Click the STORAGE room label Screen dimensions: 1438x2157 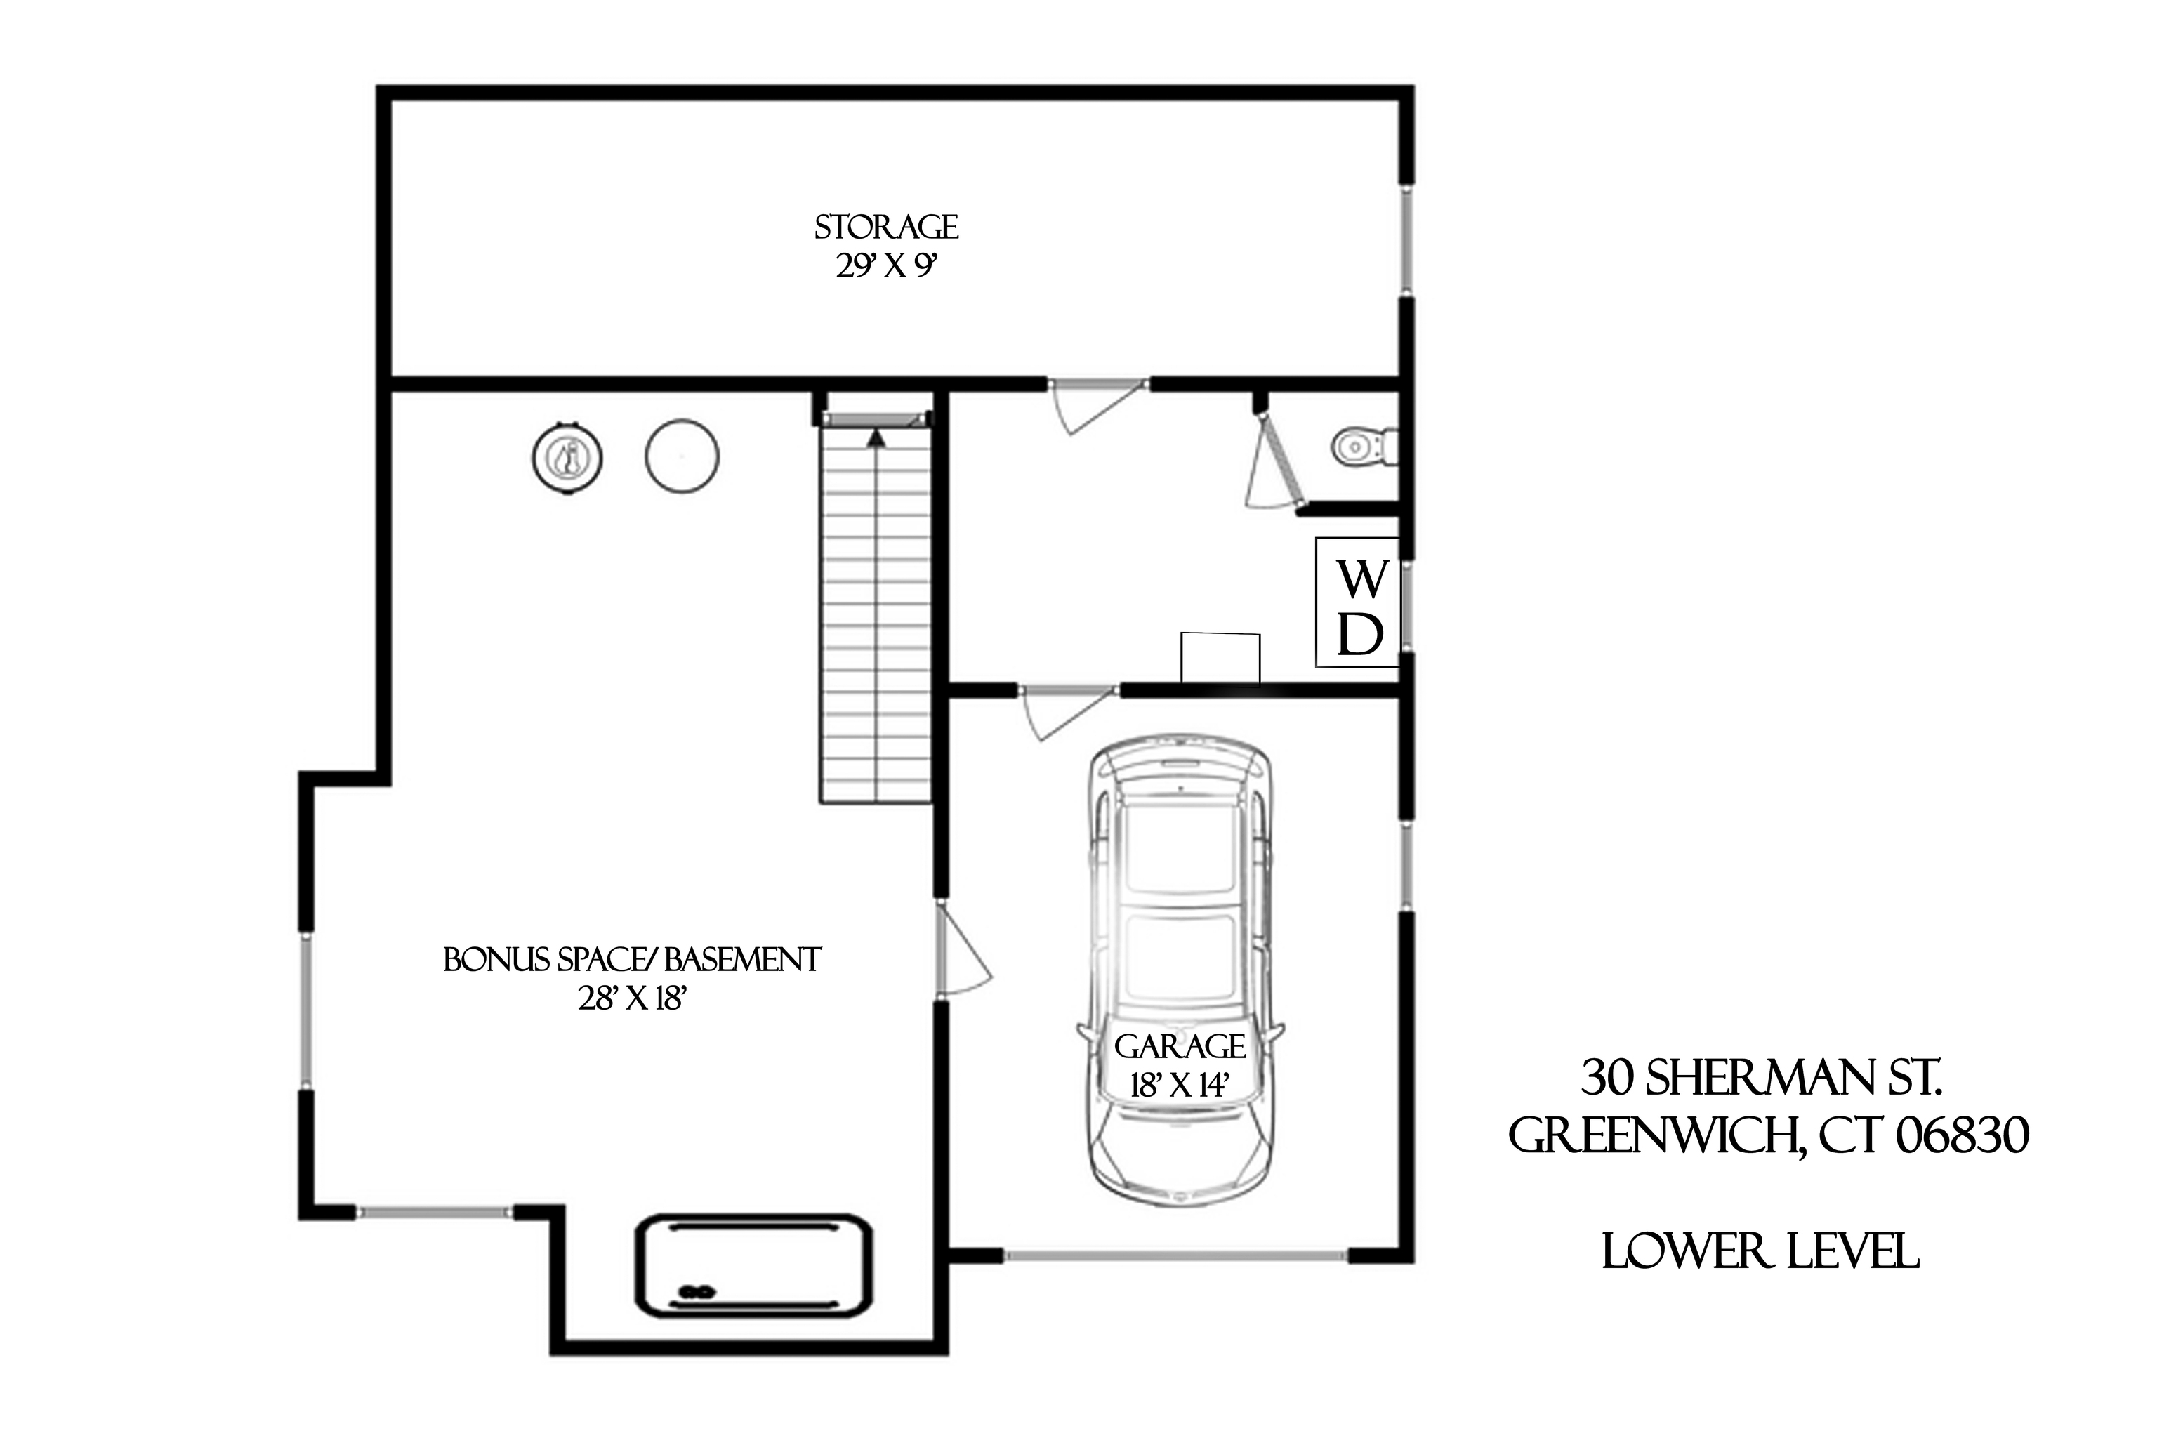tap(886, 227)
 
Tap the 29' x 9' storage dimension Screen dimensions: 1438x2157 tap(886, 267)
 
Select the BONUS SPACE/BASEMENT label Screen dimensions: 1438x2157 tap(632, 961)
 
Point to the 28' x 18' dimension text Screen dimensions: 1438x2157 tap(632, 998)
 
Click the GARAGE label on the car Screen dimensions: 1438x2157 tap(1180, 1046)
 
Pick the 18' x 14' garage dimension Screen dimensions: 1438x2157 tap(1180, 1086)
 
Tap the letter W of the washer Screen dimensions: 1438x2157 tap(1362, 579)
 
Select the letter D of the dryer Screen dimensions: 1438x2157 tap(1360, 634)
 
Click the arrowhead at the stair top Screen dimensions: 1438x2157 tap(877, 438)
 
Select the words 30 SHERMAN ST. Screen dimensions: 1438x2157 tap(1761, 1078)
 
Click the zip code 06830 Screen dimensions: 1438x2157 tap(1962, 1136)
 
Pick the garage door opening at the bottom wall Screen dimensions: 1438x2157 tap(1175, 1256)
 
